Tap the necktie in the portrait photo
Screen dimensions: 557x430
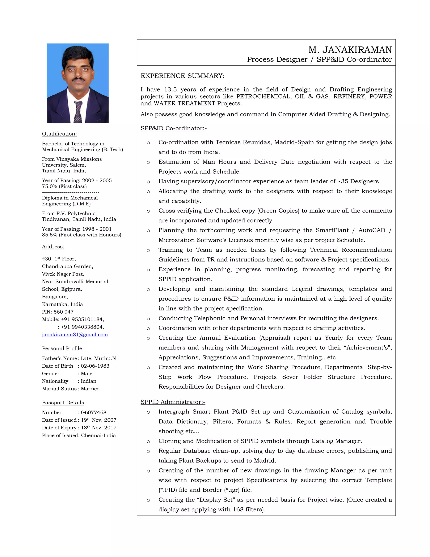[78, 112]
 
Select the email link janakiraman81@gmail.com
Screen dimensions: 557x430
[75, 335]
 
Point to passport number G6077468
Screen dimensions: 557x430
[93, 412]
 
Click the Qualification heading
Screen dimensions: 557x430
[59, 134]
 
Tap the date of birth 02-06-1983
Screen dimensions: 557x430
[95, 366]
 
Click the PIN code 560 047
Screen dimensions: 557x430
[64, 312]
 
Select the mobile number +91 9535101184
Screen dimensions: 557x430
[82, 319]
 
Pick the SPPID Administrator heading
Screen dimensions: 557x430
[173, 402]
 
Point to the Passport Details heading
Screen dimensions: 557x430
[63, 403]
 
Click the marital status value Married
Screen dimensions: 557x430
[90, 389]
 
